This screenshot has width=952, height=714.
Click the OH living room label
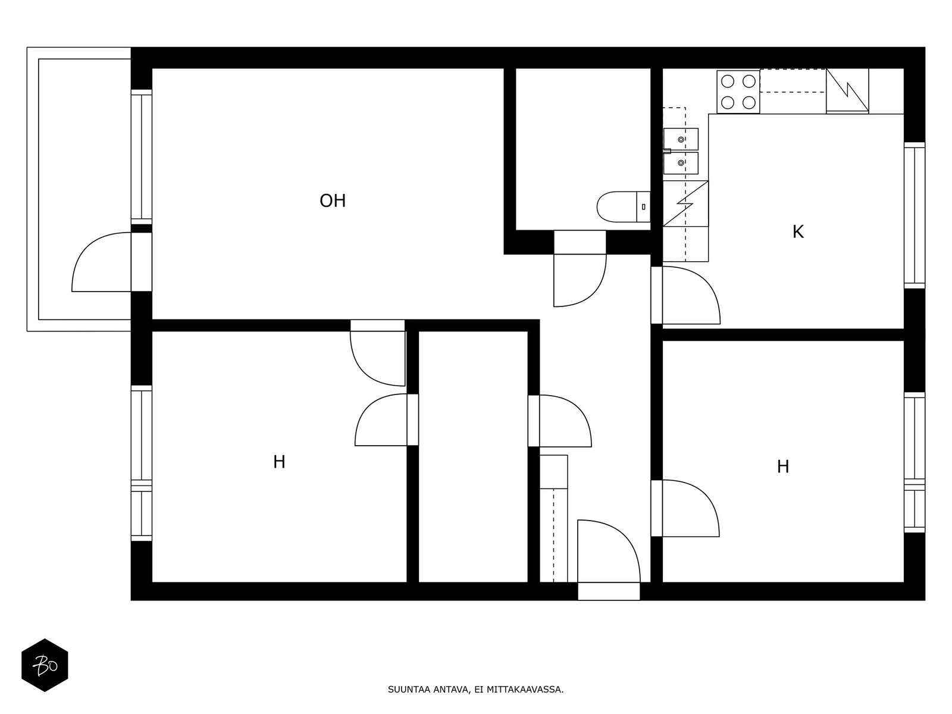332,201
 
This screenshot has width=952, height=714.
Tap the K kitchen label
798,232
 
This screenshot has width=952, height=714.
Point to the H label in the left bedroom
279,462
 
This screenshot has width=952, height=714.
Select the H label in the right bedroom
783,467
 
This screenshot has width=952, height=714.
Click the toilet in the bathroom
623,207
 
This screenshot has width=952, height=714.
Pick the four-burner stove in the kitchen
738,92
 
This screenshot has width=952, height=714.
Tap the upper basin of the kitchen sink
681,139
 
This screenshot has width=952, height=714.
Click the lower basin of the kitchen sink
681,163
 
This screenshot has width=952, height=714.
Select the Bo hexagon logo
45,665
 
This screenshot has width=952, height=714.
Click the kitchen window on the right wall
915,215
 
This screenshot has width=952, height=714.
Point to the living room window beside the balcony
142,157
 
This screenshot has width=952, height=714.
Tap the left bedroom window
142,463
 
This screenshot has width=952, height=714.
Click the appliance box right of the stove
847,92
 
